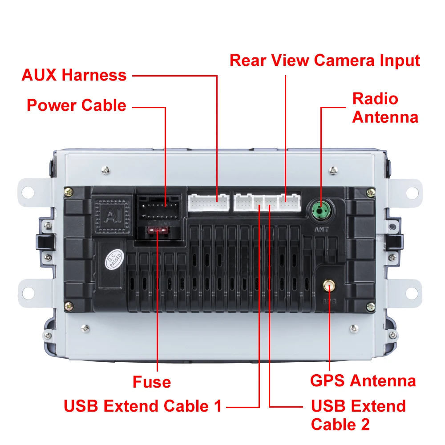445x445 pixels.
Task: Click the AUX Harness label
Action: (x=74, y=75)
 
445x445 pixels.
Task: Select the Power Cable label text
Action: (x=76, y=105)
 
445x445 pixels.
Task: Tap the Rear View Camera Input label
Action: (x=325, y=60)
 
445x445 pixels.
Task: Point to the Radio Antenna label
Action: (x=385, y=108)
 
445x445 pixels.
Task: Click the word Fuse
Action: (x=151, y=382)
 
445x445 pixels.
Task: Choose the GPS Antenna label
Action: (x=363, y=381)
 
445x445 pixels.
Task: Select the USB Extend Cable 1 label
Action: (x=142, y=406)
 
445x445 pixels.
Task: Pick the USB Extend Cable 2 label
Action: (x=358, y=415)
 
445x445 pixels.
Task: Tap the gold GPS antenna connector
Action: (x=329, y=285)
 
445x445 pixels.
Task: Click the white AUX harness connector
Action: (x=208, y=202)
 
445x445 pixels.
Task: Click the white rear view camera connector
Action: (x=290, y=202)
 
